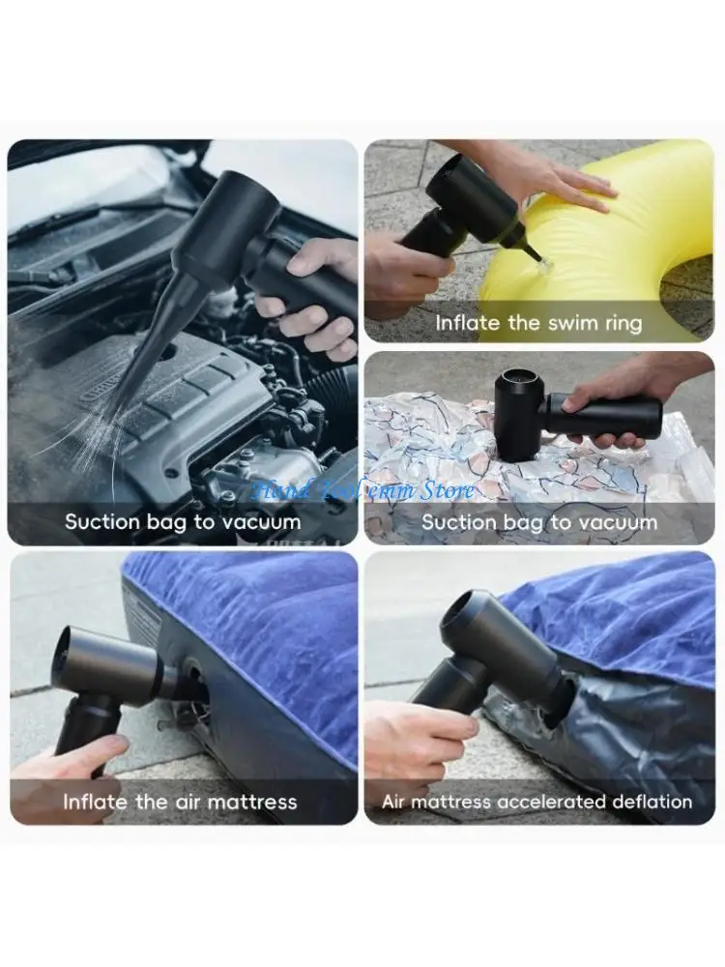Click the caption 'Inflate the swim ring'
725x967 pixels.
coord(538,323)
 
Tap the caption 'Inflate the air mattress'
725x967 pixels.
coord(180,802)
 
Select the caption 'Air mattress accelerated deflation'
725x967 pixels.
coord(536,802)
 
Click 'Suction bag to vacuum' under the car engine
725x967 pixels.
coord(183,522)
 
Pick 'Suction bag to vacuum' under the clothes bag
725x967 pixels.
coord(539,522)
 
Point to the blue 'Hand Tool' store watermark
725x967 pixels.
coord(362,490)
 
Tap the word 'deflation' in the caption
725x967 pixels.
coord(652,802)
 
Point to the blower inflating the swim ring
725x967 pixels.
coord(464,208)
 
